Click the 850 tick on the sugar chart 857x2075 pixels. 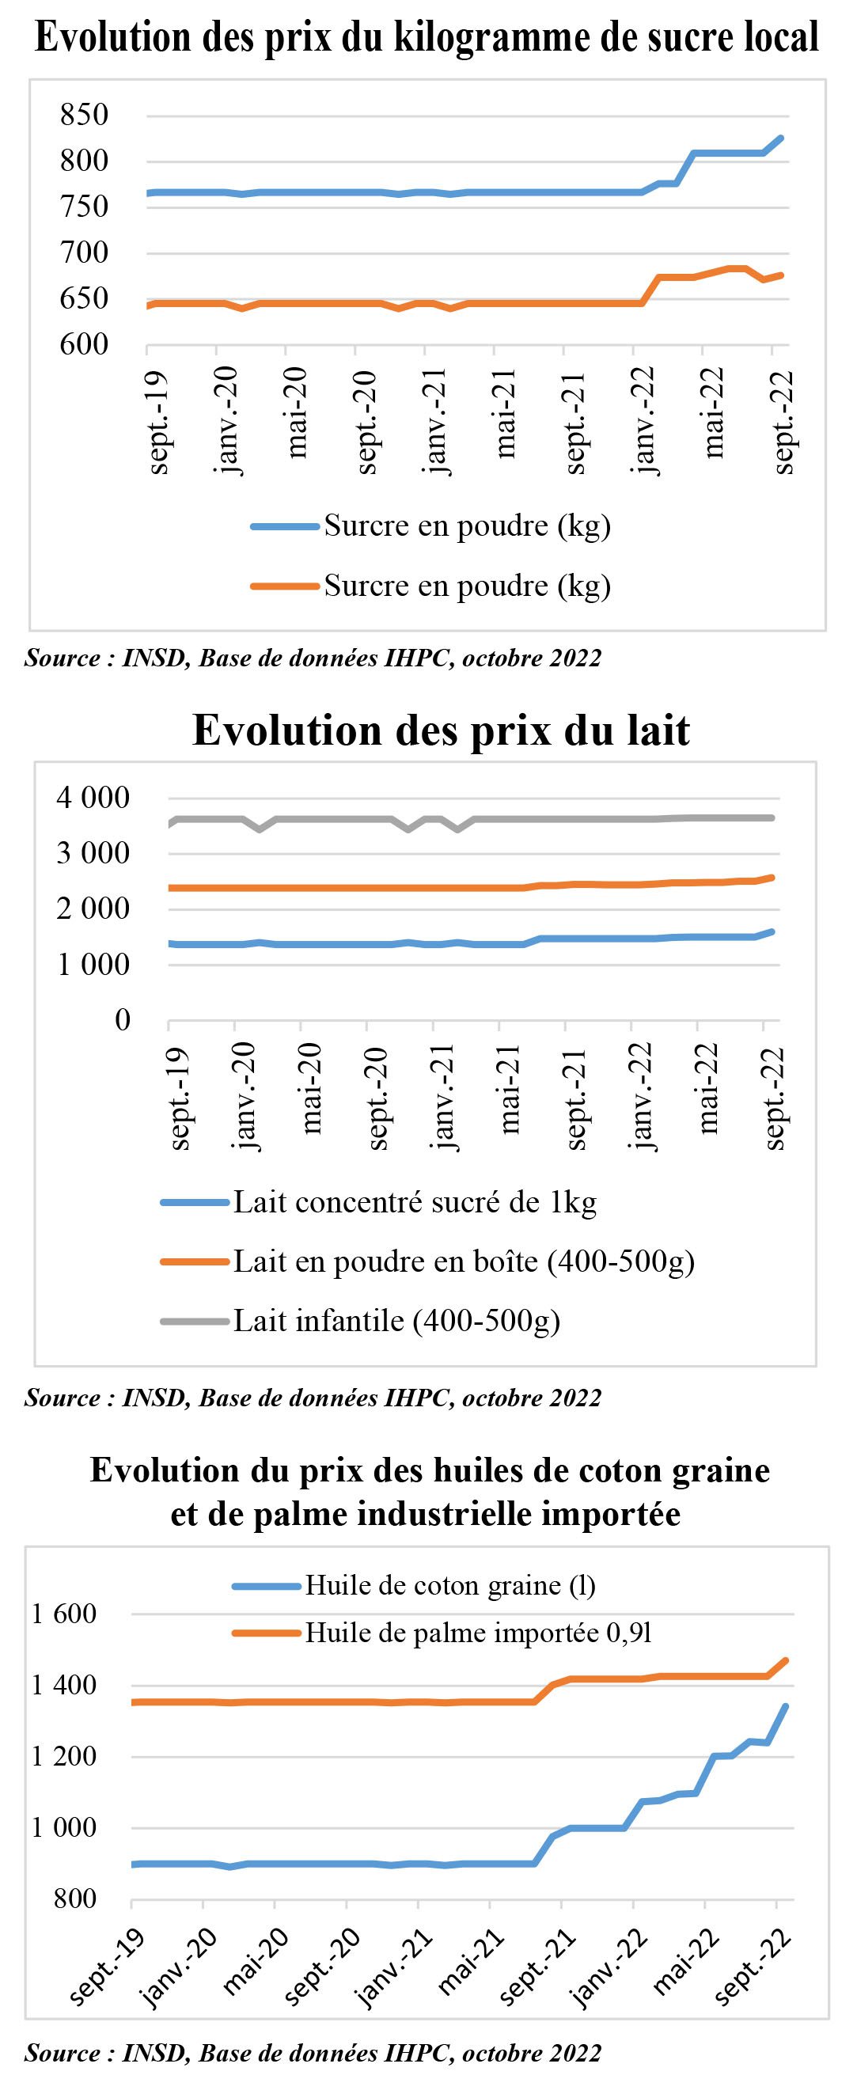pyautogui.click(x=84, y=115)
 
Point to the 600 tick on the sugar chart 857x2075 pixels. pyautogui.click(x=84, y=344)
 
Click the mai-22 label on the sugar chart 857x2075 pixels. pyautogui.click(x=714, y=413)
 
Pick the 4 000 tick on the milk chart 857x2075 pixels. pyautogui.click(x=93, y=799)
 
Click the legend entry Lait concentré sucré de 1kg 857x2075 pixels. pyautogui.click(x=378, y=1203)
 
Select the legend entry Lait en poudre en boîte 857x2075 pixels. pyautogui.click(x=427, y=1261)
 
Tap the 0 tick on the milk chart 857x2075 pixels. pyautogui.click(x=123, y=1021)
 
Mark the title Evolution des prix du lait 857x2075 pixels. pyautogui.click(x=442, y=730)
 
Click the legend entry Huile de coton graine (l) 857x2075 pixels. pyautogui.click(x=414, y=1585)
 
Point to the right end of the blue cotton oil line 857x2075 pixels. pyautogui.click(x=786, y=1705)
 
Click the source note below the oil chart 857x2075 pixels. pyautogui.click(x=313, y=2051)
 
